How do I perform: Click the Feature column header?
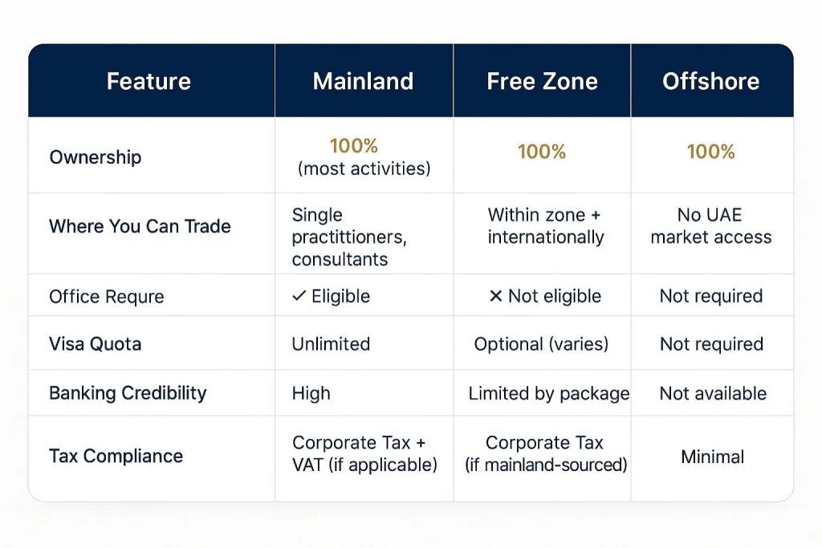coord(149,81)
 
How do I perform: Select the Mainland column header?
coord(363,81)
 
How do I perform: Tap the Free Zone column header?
coord(542,81)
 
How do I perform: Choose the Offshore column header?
coord(711,81)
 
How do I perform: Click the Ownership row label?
coord(95,156)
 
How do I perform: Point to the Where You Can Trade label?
coord(140,226)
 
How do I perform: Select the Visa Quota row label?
coord(95,344)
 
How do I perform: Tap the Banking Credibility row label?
coord(128,393)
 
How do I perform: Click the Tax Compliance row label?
coord(116,457)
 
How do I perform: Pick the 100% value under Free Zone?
coord(542,152)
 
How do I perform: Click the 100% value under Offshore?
coord(711,152)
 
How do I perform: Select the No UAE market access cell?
coord(711,226)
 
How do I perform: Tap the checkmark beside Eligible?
coord(299,296)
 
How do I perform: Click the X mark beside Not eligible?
coord(495,296)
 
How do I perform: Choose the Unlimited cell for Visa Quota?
coord(331,344)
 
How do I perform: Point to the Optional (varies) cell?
coord(541,344)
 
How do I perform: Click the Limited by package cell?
coord(549,393)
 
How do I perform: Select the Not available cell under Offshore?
coord(713,393)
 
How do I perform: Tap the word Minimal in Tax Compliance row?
coord(713,457)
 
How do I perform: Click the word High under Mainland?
coord(311,393)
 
